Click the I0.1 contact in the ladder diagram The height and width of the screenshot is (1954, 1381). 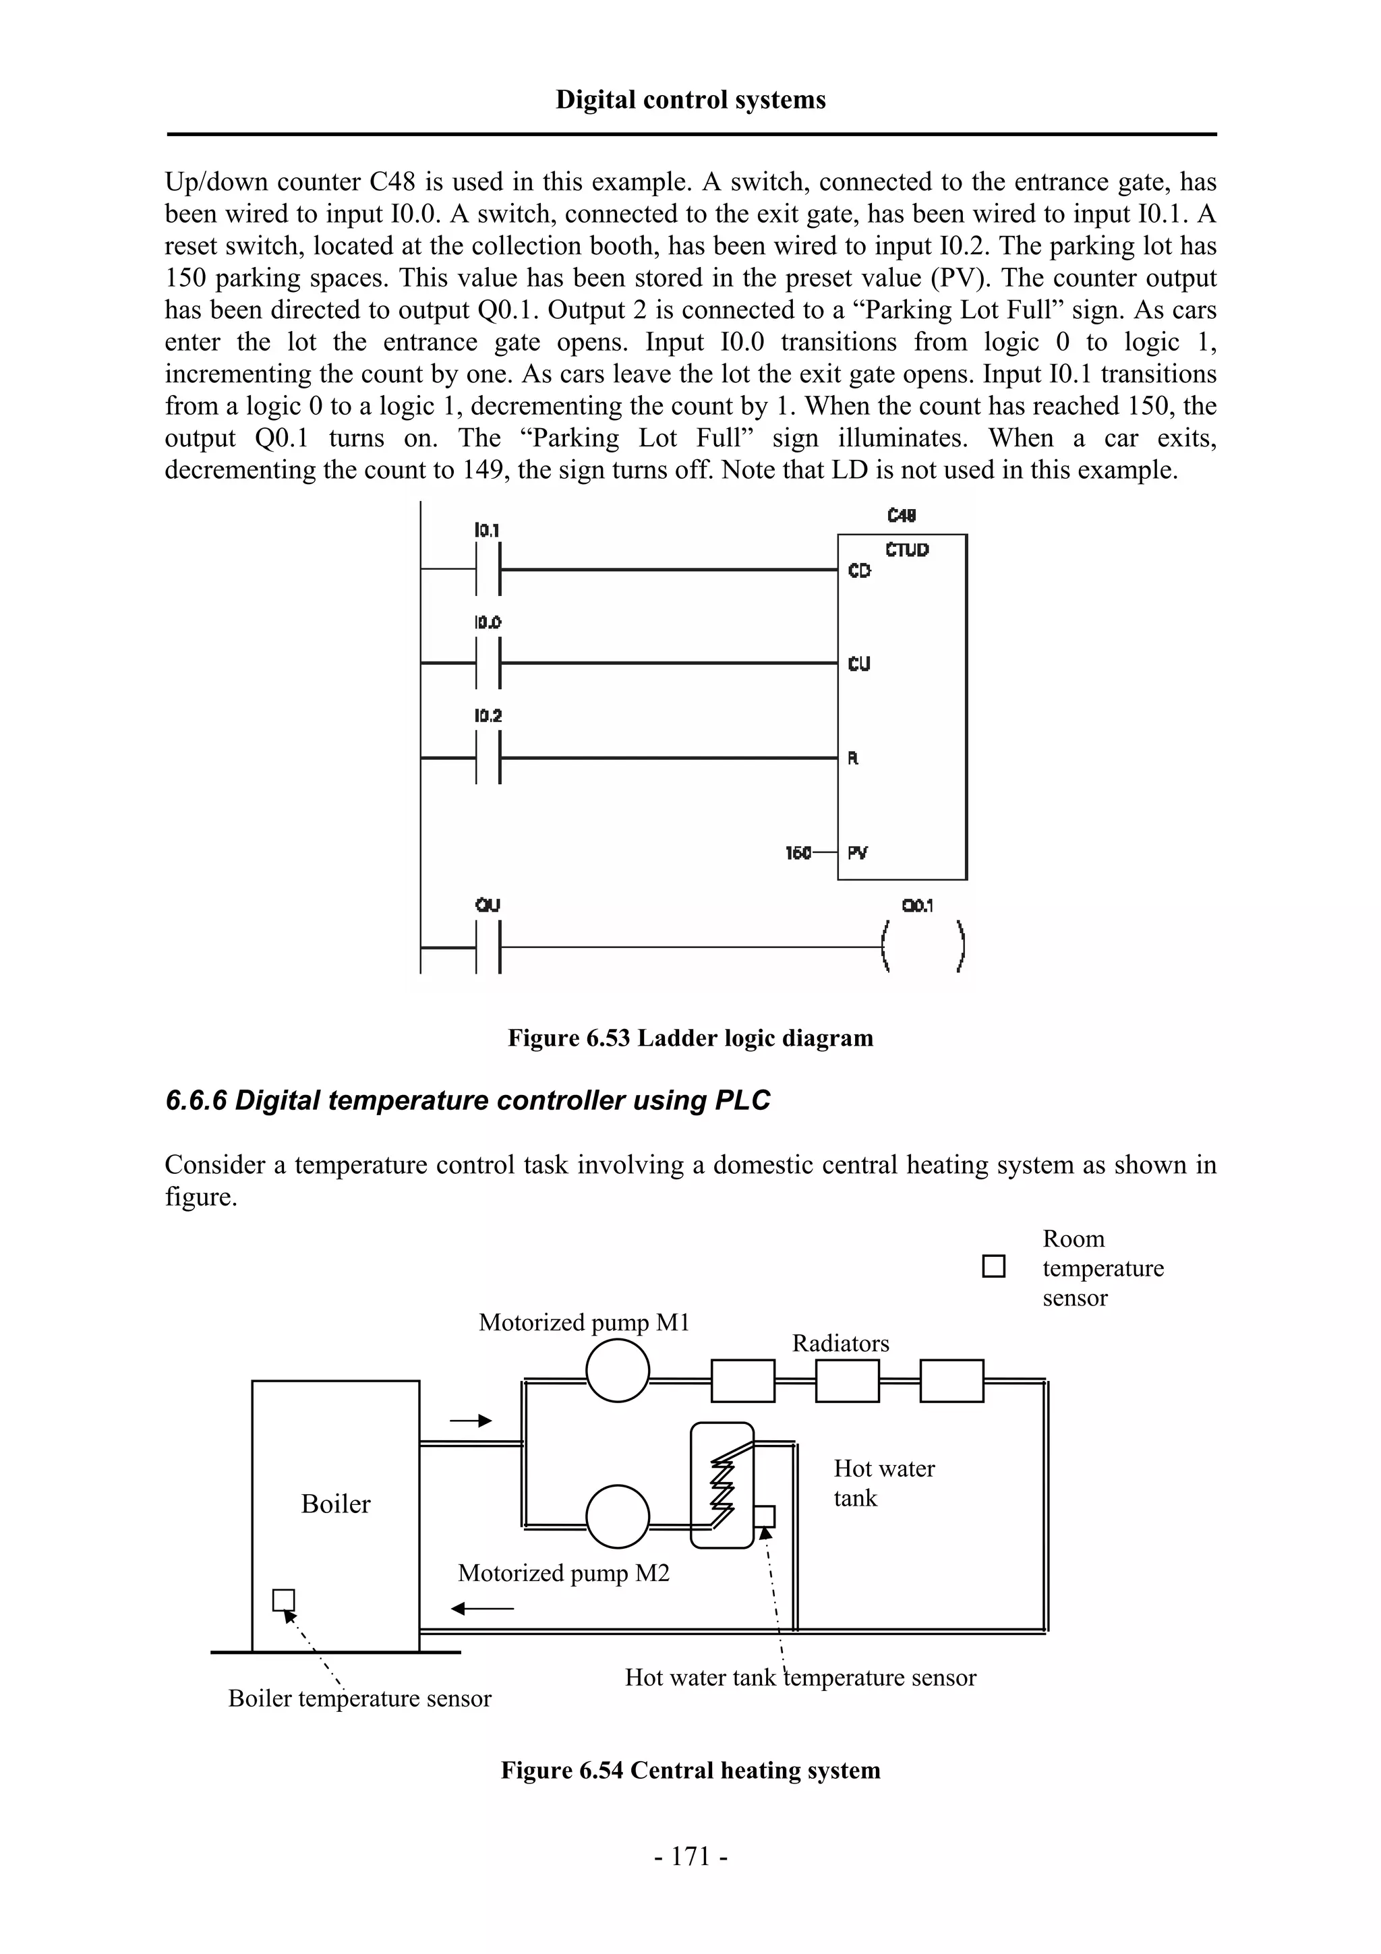488,569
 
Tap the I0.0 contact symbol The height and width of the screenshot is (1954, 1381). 488,662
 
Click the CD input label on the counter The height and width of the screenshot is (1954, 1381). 859,571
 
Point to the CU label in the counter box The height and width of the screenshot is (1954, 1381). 859,664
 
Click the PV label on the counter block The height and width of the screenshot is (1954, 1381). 858,852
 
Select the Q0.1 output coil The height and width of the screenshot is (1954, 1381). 923,945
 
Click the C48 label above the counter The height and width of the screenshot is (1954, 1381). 901,516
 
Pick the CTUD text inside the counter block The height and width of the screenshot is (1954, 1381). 906,550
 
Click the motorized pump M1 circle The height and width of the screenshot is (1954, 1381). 618,1370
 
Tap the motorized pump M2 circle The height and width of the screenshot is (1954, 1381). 618,1516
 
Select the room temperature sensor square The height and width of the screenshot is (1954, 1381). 993,1266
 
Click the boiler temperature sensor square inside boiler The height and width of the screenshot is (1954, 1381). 283,1600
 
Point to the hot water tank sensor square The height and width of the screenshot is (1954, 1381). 764,1516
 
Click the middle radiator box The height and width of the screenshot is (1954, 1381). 847,1380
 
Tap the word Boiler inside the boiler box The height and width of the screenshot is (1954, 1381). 335,1504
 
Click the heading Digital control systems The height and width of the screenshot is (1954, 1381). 690,100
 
